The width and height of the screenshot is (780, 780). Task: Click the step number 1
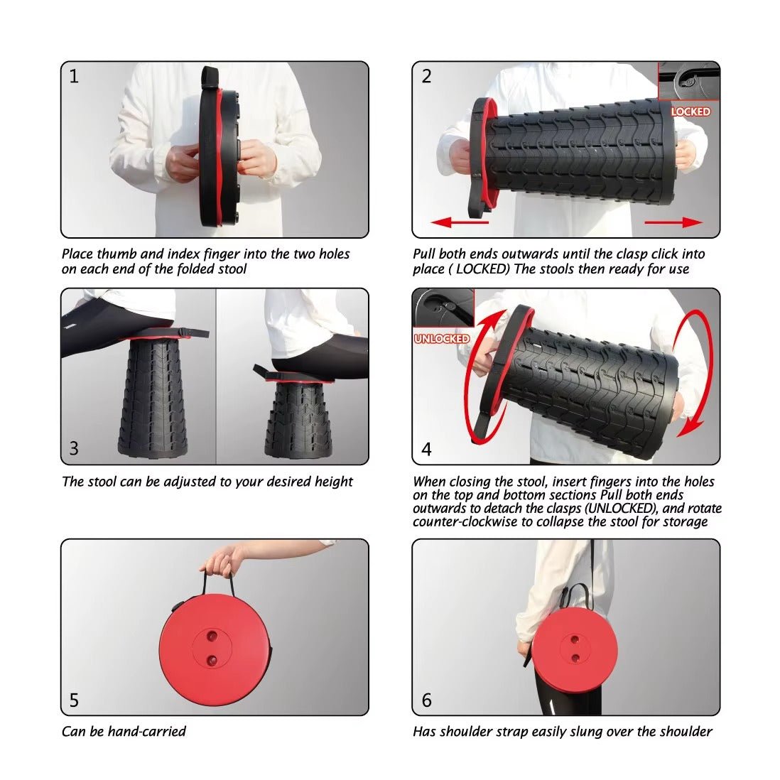pyautogui.click(x=74, y=76)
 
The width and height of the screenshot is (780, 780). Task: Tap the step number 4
pyautogui.click(x=426, y=449)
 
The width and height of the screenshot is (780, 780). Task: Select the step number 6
pyautogui.click(x=427, y=700)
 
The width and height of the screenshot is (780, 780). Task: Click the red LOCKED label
pyautogui.click(x=690, y=112)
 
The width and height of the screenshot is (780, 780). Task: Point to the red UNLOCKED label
pyautogui.click(x=442, y=338)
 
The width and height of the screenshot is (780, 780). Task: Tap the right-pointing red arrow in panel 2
pyautogui.click(x=673, y=222)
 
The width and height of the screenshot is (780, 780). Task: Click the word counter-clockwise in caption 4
pyautogui.click(x=465, y=522)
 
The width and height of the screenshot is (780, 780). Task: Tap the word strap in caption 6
pyautogui.click(x=511, y=732)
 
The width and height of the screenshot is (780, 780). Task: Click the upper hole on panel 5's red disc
pyautogui.click(x=212, y=637)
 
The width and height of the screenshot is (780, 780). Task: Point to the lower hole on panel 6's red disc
pyautogui.click(x=575, y=658)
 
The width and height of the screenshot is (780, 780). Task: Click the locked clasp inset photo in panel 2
pyautogui.click(x=689, y=81)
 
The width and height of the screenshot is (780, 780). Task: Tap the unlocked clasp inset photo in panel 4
pyautogui.click(x=443, y=308)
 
